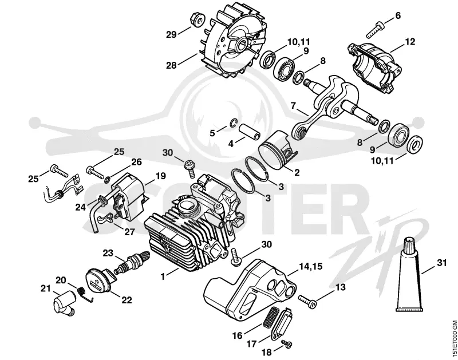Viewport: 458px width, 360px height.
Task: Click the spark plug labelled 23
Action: pyautogui.click(x=132, y=262)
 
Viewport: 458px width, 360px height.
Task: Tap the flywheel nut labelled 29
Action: pyautogui.click(x=197, y=19)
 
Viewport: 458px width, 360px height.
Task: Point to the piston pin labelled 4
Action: pyautogui.click(x=250, y=132)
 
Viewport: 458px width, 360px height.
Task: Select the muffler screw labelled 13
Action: pyautogui.click(x=307, y=302)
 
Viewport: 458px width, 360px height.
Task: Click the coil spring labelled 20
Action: pyautogui.click(x=85, y=294)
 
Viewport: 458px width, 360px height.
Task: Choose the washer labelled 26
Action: pyautogui.click(x=107, y=179)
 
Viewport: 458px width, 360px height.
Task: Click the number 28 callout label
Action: pyautogui.click(x=171, y=65)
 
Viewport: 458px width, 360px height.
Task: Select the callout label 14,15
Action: pyautogui.click(x=310, y=266)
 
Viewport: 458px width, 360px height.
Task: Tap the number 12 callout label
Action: pyautogui.click(x=410, y=41)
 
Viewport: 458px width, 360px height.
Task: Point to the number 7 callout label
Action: pyautogui.click(x=293, y=105)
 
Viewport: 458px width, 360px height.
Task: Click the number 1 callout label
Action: pyautogui.click(x=163, y=276)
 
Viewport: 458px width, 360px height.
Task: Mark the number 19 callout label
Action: pyautogui.click(x=160, y=176)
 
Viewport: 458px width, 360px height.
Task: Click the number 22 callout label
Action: pyautogui.click(x=127, y=299)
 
